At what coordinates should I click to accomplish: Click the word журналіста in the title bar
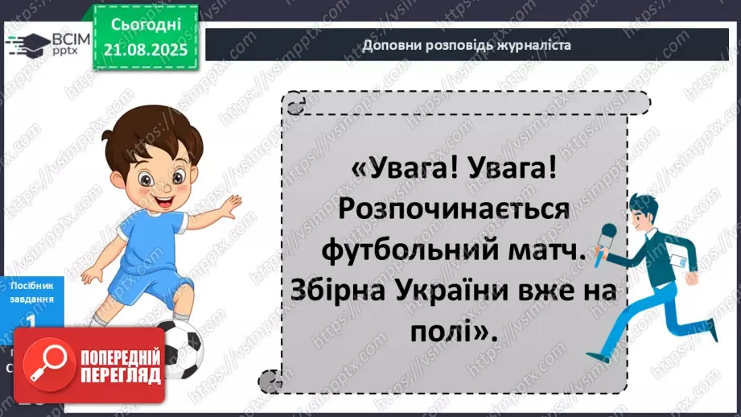coord(534,44)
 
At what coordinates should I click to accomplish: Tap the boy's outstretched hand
coord(232,208)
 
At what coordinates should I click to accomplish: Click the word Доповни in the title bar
coord(389,44)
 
